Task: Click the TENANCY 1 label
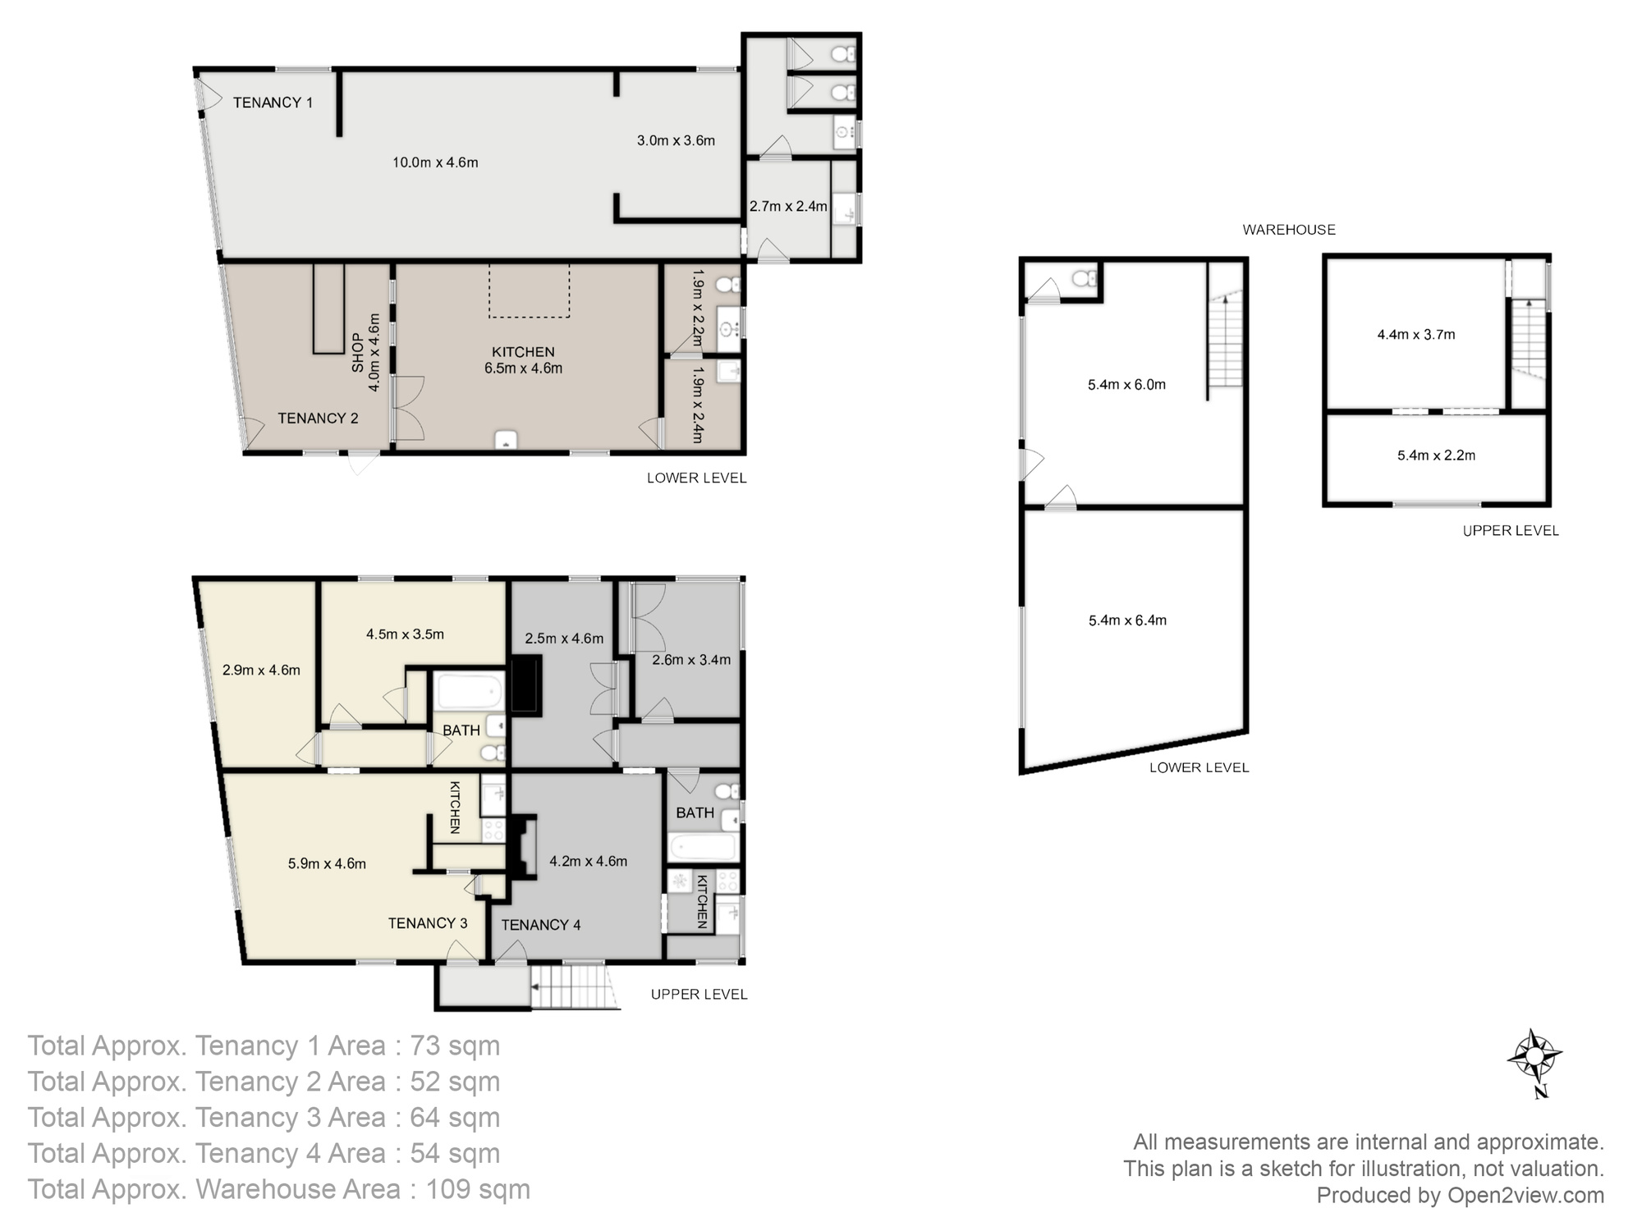pyautogui.click(x=273, y=103)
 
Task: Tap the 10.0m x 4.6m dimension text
pyautogui.click(x=435, y=162)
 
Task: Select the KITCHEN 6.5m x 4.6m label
pyautogui.click(x=523, y=360)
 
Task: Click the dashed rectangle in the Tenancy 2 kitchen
pyautogui.click(x=529, y=291)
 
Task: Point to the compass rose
pyautogui.click(x=1534, y=1058)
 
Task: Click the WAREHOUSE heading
pyautogui.click(x=1288, y=230)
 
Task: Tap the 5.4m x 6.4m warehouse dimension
pyautogui.click(x=1127, y=620)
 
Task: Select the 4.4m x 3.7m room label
pyautogui.click(x=1415, y=335)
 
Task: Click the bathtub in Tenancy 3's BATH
pyautogui.click(x=468, y=691)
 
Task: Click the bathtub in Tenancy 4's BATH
pyautogui.click(x=702, y=846)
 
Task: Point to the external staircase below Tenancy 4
pyautogui.click(x=572, y=986)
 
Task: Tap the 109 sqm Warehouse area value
pyautogui.click(x=477, y=1189)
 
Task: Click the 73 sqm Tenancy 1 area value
pyautogui.click(x=455, y=1046)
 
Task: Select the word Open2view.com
pyautogui.click(x=1525, y=1195)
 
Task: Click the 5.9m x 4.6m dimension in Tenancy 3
pyautogui.click(x=327, y=863)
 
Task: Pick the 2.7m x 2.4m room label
pyautogui.click(x=787, y=206)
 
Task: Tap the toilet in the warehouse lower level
pyautogui.click(x=1085, y=278)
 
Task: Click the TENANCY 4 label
pyautogui.click(x=540, y=925)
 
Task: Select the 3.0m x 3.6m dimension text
pyautogui.click(x=676, y=140)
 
